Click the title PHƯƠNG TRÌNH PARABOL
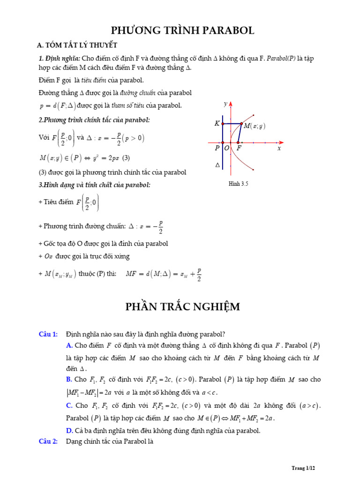click(x=182, y=31)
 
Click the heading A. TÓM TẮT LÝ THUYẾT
click(x=77, y=45)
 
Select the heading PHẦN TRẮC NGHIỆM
click(x=182, y=307)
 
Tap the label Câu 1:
click(x=48, y=334)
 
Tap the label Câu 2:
click(x=48, y=442)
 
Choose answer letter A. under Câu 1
click(x=69, y=346)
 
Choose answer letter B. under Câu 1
click(x=69, y=379)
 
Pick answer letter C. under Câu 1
click(x=69, y=405)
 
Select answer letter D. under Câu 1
click(x=69, y=430)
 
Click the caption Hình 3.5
click(x=238, y=184)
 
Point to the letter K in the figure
click(x=217, y=124)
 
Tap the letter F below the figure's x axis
click(x=239, y=148)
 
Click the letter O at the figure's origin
click(x=227, y=148)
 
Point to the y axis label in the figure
click(x=226, y=104)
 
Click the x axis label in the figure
click(x=279, y=148)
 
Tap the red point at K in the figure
click(x=223, y=124)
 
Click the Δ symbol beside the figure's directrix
click(x=217, y=165)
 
